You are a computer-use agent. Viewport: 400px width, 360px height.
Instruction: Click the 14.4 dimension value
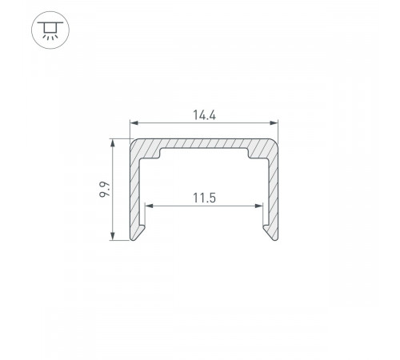pos(204,115)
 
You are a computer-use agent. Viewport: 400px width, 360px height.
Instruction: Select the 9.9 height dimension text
pos(105,189)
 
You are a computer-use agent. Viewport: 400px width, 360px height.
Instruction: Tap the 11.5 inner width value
pos(204,198)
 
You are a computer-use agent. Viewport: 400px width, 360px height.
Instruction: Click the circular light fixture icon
pos(50,30)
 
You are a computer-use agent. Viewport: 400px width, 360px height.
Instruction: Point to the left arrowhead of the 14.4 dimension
pos(134,123)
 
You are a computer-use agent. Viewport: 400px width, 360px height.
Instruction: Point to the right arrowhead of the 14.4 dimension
pos(274,123)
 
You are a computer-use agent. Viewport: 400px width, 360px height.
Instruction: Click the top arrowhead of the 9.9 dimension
pos(113,142)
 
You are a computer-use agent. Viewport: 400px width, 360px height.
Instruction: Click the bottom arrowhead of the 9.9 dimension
pos(113,236)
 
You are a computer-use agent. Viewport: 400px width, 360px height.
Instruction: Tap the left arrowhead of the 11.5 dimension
pos(149,206)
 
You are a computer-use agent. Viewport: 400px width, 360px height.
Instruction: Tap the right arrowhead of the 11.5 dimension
pos(258,206)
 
